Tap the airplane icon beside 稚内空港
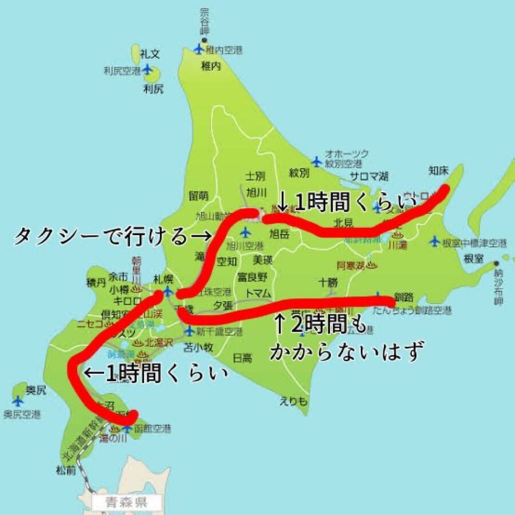coord(199,49)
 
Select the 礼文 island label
coord(150,54)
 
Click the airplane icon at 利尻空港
coord(148,70)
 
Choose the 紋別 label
coord(299,172)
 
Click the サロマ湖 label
coord(369,176)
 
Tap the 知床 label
coord(439,170)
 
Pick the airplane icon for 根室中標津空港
coord(434,241)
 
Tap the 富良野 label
coord(252,278)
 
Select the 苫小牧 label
coord(198,346)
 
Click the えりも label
coord(290,401)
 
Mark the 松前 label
coord(66,471)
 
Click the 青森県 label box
coord(127,504)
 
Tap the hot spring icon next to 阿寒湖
coord(371,265)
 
